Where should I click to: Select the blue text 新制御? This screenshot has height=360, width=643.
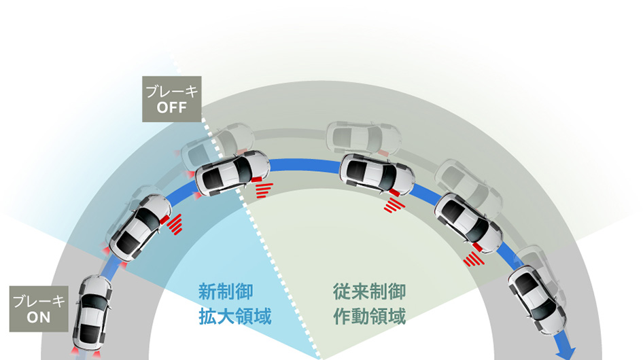pos(226,293)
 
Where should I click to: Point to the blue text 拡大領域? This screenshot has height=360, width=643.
pos(234,317)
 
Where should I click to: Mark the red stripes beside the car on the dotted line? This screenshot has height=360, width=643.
pos(264,189)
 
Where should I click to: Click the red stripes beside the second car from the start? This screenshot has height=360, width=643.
pos(175,223)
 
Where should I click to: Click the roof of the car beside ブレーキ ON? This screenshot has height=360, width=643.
pos(94,314)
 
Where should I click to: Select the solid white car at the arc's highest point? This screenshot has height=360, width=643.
pos(377,173)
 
